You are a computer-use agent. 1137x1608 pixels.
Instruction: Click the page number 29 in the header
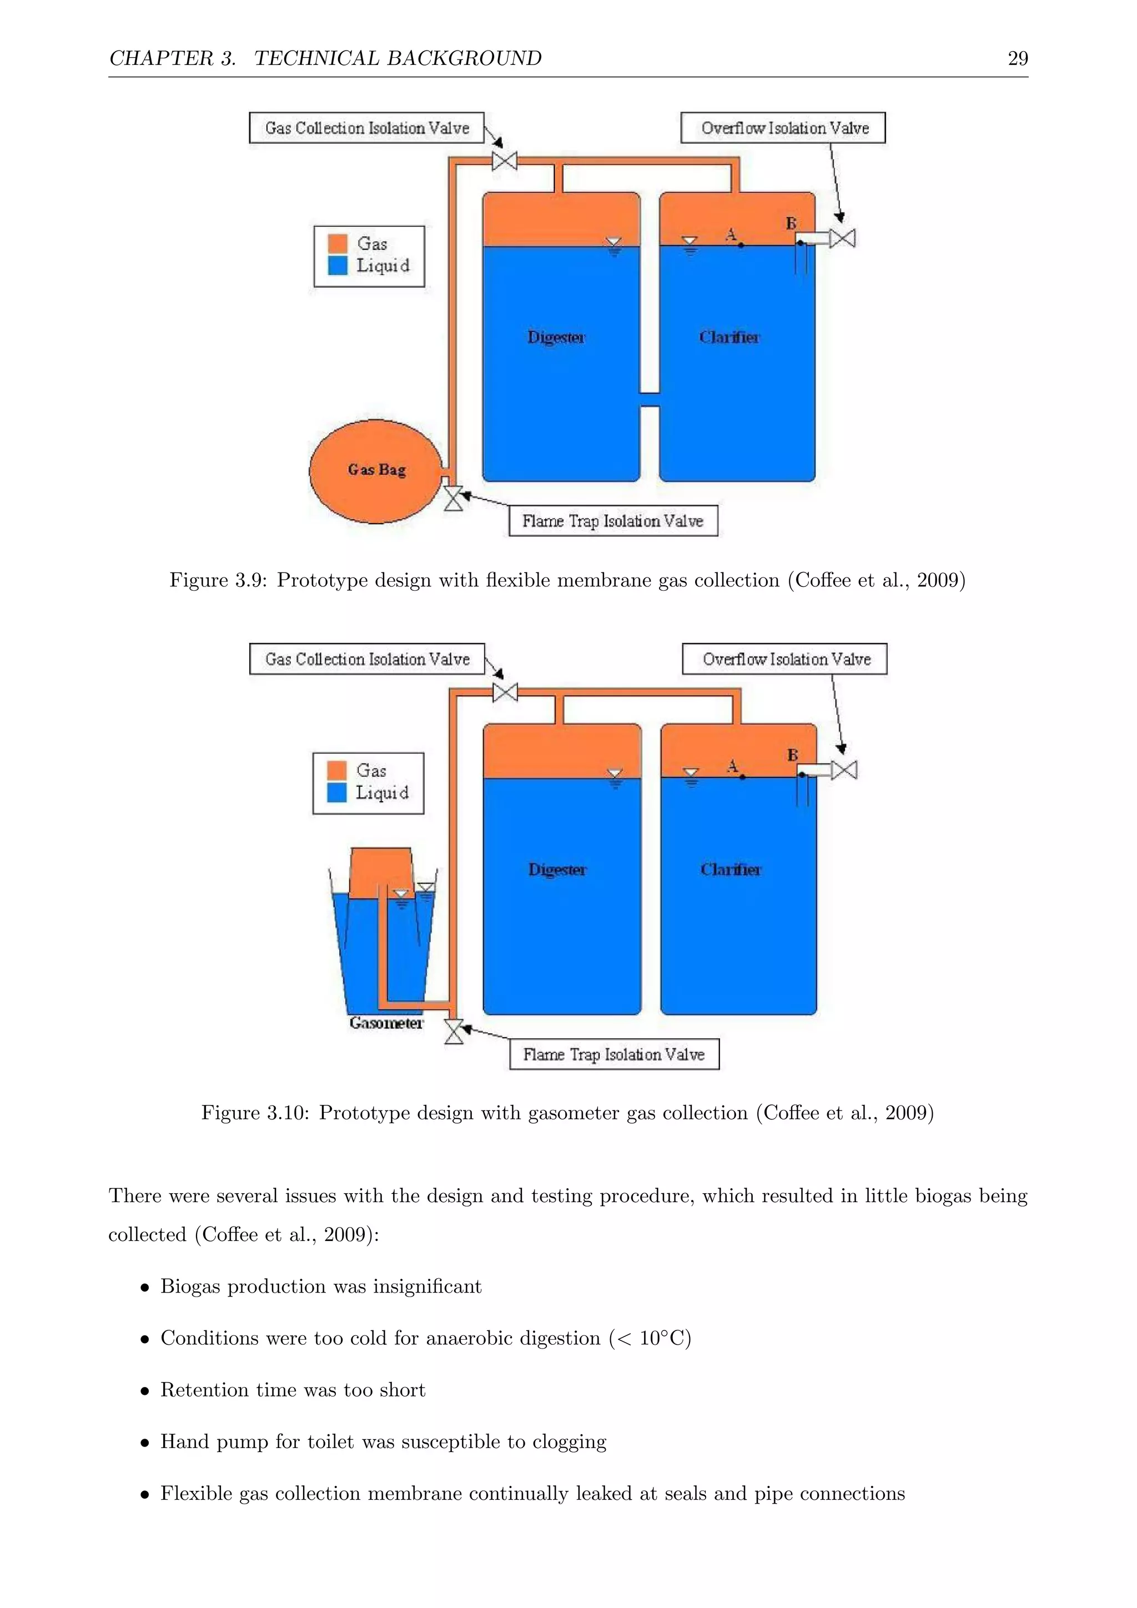[x=1017, y=59]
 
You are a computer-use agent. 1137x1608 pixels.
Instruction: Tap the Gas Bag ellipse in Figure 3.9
[x=376, y=471]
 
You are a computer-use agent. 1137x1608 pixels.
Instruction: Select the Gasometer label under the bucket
[x=386, y=1023]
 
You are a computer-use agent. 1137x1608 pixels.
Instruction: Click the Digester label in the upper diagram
[x=556, y=338]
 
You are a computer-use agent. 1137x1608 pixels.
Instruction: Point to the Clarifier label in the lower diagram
[x=730, y=870]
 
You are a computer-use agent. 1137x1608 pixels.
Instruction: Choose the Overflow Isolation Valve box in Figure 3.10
[x=785, y=659]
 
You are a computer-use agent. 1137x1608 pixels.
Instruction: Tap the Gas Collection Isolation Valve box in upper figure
[x=367, y=128]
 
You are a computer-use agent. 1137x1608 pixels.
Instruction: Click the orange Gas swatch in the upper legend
[x=338, y=244]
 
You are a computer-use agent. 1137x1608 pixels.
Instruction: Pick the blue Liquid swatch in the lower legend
[x=337, y=792]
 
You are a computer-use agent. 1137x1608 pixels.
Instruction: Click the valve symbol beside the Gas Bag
[x=454, y=499]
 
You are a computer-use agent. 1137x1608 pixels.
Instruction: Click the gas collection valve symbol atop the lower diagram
[x=505, y=692]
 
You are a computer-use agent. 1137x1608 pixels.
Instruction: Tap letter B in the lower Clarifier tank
[x=793, y=755]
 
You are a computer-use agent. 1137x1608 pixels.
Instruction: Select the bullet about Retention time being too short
[x=293, y=1390]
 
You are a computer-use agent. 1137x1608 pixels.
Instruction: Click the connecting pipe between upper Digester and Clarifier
[x=650, y=399]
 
